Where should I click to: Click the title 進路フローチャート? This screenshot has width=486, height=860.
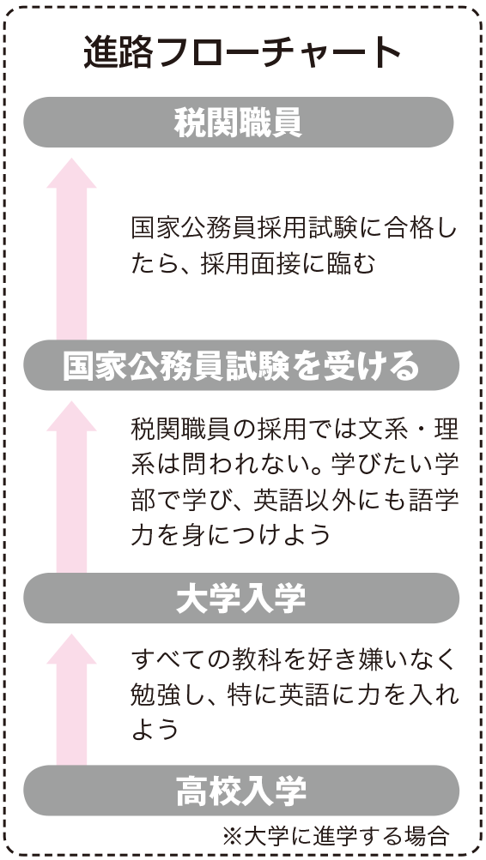coord(243,53)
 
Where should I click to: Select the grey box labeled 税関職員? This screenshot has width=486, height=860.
coord(239,123)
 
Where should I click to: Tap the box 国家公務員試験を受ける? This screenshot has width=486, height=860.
coord(241,365)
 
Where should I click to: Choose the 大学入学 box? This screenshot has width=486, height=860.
coord(241,598)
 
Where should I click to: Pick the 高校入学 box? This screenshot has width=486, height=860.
coord(241,791)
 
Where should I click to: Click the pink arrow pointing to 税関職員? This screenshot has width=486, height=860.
coord(71,249)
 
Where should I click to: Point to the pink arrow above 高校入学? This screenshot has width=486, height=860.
coord(71,700)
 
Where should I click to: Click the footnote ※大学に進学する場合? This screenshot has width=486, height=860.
coord(336,836)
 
